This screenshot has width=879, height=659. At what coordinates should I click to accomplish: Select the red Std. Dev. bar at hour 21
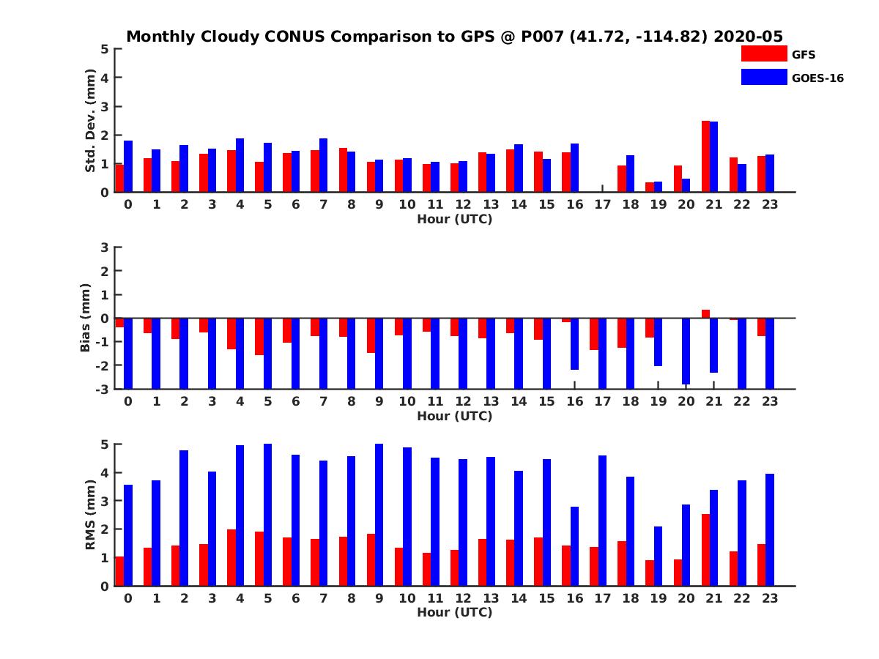[705, 156]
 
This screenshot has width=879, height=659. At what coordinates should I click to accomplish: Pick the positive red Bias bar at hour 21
[705, 313]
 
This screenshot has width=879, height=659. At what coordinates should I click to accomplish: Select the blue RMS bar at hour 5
[267, 515]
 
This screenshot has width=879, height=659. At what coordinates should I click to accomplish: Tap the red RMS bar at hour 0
[119, 571]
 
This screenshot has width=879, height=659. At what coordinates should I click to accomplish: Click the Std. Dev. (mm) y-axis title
[90, 121]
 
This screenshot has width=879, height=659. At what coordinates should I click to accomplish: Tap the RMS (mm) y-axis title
[90, 515]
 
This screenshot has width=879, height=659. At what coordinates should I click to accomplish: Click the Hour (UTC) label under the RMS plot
[454, 612]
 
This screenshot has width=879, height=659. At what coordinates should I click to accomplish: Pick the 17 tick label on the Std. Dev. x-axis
[603, 204]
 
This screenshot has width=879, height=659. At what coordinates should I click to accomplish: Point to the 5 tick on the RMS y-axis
[105, 444]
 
